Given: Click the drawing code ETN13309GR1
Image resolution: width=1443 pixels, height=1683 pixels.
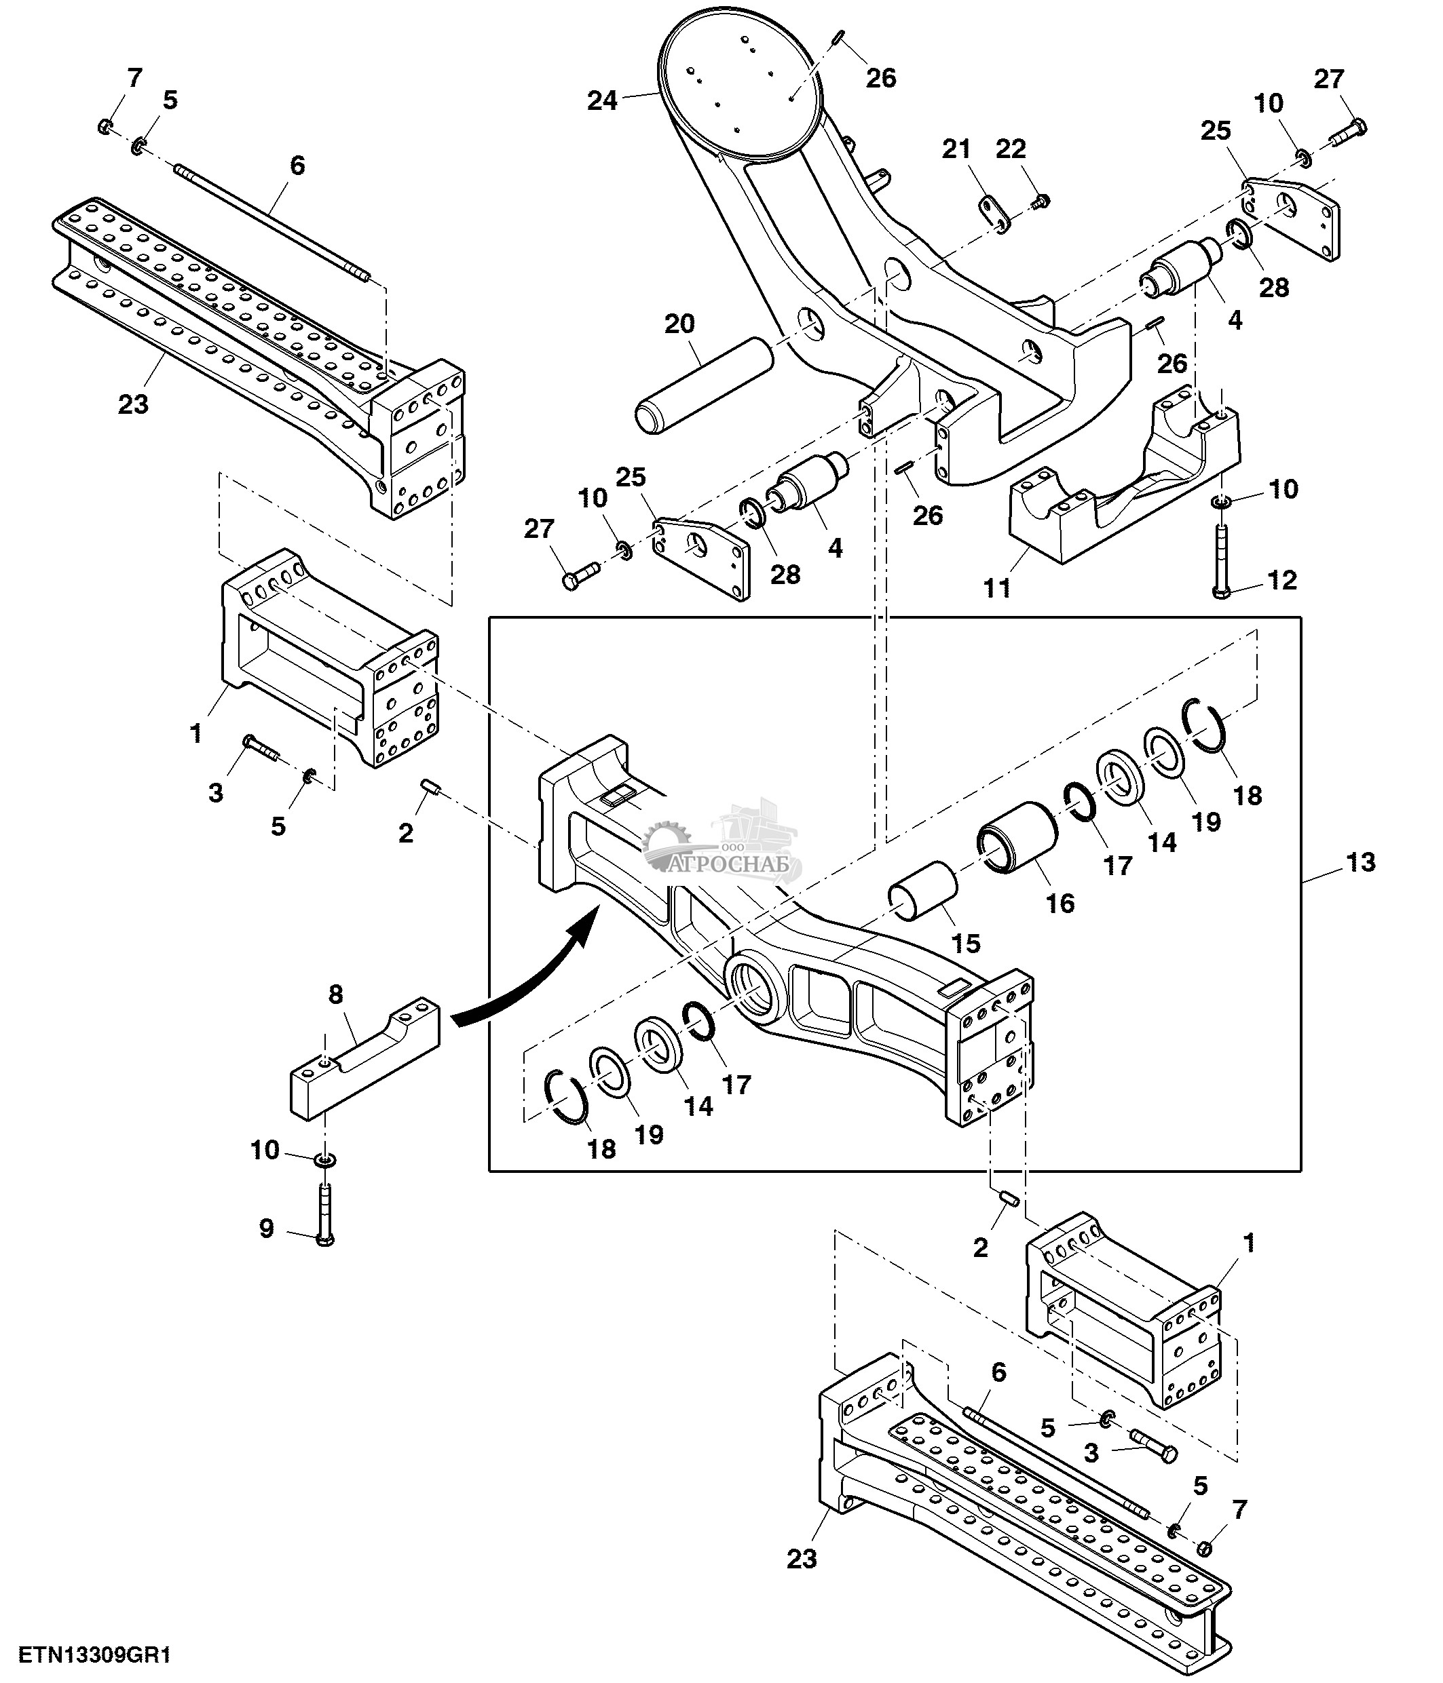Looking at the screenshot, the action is (95, 1655).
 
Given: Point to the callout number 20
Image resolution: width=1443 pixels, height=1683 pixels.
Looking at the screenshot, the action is (679, 324).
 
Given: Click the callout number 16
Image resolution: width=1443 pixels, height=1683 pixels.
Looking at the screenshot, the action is (1060, 904).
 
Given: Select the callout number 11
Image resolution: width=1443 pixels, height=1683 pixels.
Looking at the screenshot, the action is (997, 588).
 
